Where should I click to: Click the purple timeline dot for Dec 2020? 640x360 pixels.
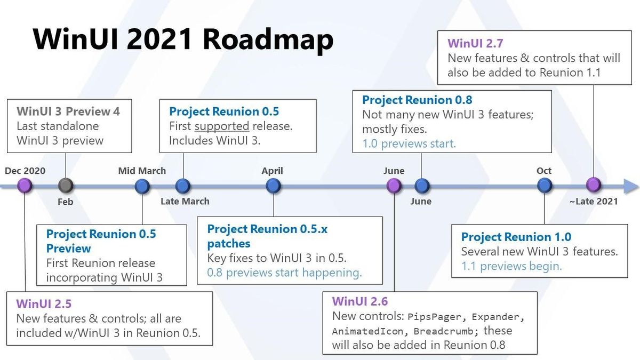pos(25,186)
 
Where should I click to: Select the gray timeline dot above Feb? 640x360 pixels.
pos(66,186)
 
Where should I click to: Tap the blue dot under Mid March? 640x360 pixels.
pos(142,186)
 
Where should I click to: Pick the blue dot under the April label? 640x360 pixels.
pos(273,186)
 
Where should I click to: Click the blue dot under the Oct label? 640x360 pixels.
pos(545,186)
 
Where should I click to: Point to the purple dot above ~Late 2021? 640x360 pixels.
pos(594,185)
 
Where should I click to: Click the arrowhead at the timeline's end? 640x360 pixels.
pos(631,187)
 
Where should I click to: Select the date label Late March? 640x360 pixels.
pos(185,201)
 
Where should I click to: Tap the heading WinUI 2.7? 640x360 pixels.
pos(475,43)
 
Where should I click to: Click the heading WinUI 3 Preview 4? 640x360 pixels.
pos(68,111)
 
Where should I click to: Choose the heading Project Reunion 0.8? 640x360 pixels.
pos(417,100)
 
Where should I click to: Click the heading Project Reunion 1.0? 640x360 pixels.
pos(516,237)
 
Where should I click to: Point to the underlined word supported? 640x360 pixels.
pos(222,126)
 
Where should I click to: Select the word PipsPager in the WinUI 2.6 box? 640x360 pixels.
pos(434,317)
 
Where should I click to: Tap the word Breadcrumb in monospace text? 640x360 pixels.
pos(443,331)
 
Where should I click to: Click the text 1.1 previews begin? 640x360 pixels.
pos(511,266)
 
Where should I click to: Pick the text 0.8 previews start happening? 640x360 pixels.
pos(284,273)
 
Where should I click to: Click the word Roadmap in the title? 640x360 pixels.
pos(268,39)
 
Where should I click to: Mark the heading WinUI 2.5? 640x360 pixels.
pos(44,303)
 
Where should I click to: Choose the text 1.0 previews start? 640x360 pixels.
pos(409,143)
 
